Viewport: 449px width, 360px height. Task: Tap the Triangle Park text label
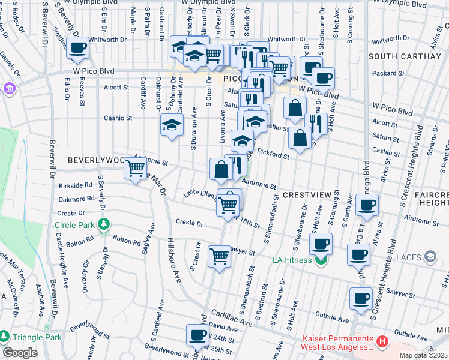click(37, 337)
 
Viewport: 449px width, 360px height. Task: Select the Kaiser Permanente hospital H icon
click(382, 341)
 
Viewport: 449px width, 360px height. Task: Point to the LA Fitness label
click(292, 260)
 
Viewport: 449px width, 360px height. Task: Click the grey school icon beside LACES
click(429, 257)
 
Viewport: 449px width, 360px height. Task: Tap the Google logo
click(20, 353)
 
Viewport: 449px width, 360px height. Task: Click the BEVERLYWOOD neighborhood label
click(96, 161)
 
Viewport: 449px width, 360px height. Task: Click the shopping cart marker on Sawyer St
click(220, 256)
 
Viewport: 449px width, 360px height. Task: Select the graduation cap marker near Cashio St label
click(172, 125)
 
